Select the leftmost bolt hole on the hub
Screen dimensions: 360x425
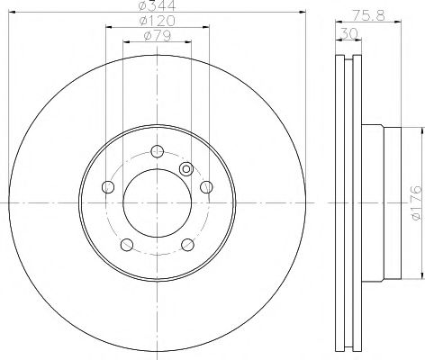tap(109, 186)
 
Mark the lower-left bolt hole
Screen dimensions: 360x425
tap(127, 243)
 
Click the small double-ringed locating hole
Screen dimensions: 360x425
tap(186, 168)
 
